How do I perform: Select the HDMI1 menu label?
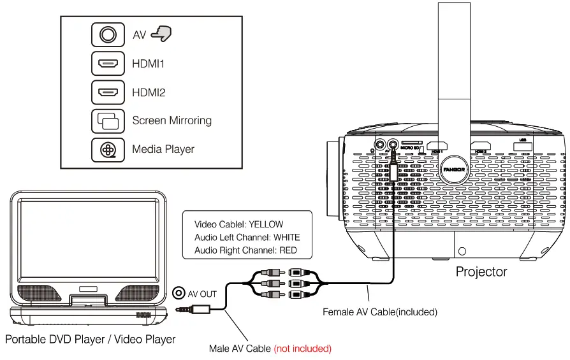[x=149, y=64]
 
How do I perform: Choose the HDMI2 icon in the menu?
[x=108, y=92]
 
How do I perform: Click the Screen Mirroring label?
[x=172, y=120]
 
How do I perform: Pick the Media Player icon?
[x=108, y=149]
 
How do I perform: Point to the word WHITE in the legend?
[x=286, y=238]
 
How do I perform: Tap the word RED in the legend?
[x=288, y=250]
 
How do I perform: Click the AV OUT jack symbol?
[x=179, y=294]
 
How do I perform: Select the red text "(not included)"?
[x=303, y=349]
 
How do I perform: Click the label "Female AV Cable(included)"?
[x=380, y=312]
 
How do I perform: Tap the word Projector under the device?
[x=481, y=272]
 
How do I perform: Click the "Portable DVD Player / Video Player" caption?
[x=90, y=339]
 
